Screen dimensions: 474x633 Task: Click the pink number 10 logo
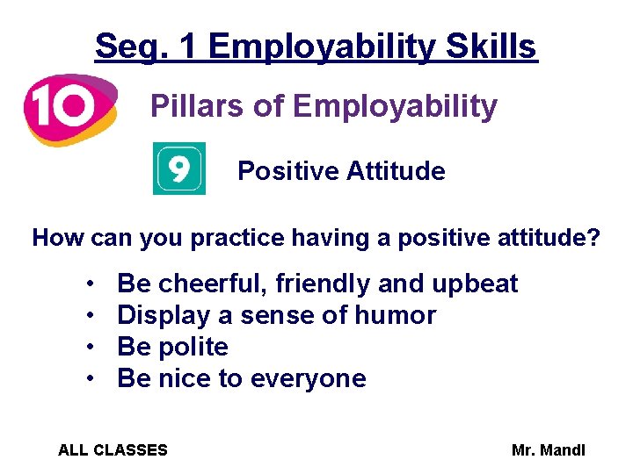pos(69,108)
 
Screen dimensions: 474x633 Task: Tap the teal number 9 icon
pos(179,169)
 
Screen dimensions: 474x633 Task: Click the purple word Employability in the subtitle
pos(395,107)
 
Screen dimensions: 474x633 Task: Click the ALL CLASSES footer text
pos(113,450)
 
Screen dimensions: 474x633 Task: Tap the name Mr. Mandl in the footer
pos(548,450)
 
